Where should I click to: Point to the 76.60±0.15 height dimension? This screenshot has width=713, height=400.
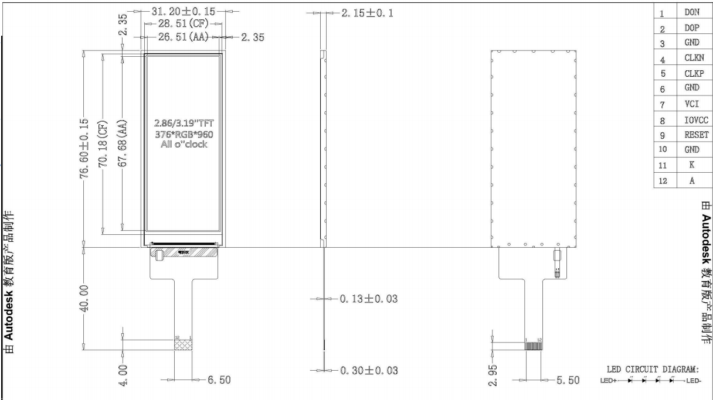(85, 147)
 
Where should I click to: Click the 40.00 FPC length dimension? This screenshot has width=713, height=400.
(85, 299)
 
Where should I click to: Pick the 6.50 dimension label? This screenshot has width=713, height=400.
(219, 380)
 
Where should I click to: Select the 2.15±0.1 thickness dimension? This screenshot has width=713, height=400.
(367, 12)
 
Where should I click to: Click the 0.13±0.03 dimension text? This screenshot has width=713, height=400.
(368, 299)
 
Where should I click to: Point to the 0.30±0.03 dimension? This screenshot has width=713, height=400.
(368, 371)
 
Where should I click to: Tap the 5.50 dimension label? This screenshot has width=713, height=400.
(567, 380)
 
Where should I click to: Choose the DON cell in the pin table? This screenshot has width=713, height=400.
(691, 12)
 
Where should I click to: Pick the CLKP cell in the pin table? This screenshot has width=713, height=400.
(694, 74)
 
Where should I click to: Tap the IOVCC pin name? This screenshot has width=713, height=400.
(696, 120)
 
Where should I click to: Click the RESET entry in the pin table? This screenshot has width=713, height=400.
(696, 134)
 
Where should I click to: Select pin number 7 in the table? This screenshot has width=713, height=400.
(662, 105)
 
